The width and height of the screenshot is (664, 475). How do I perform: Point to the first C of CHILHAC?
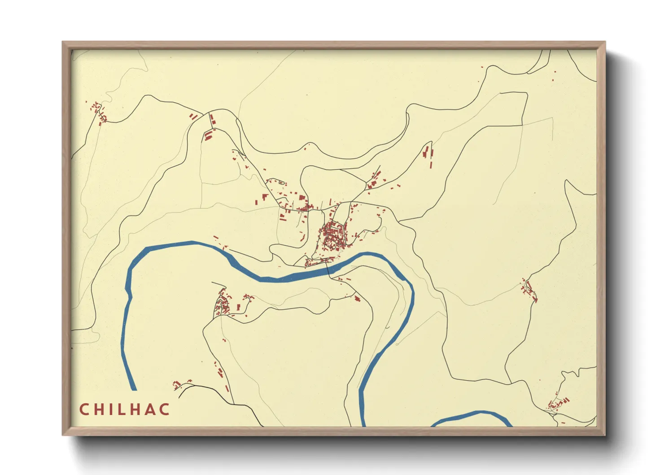tap(84, 409)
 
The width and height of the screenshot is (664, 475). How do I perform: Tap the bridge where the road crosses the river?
tap(329, 269)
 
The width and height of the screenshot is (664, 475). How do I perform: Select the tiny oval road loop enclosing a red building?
tap(282, 183)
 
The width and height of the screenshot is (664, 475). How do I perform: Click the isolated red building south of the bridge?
tap(357, 298)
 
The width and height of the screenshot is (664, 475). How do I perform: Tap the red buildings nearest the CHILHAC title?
tap(177, 384)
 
